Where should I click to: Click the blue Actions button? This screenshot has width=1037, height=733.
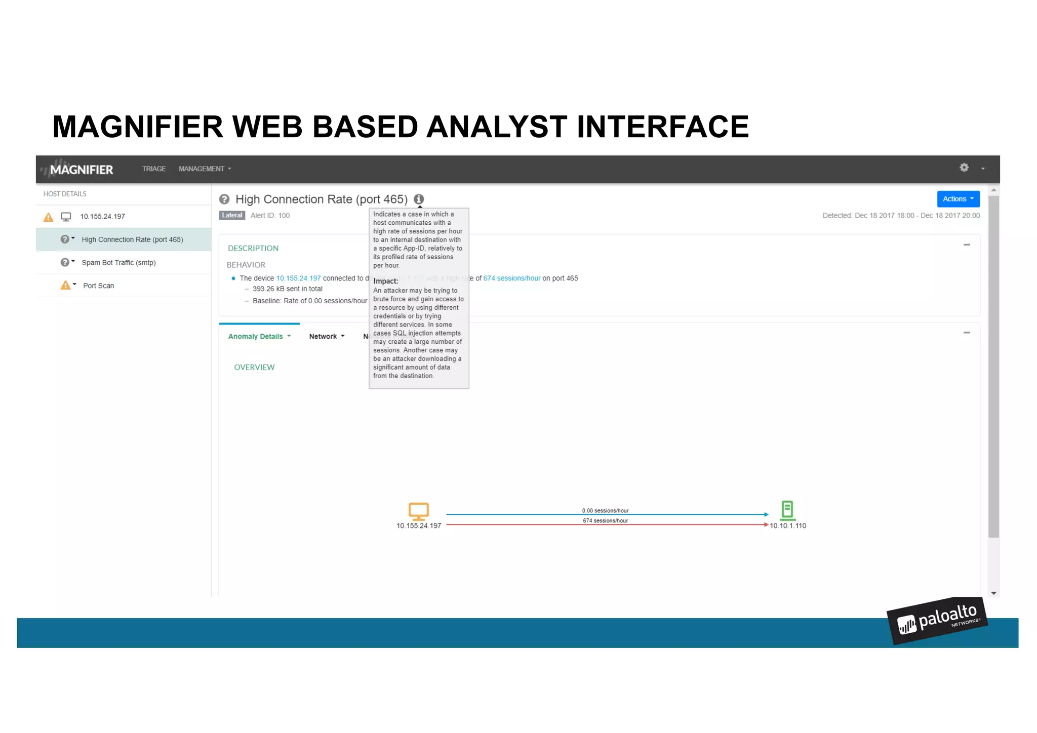click(958, 199)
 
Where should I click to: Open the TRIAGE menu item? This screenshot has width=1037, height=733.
click(154, 169)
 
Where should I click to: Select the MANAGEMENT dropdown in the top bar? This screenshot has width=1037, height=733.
click(205, 169)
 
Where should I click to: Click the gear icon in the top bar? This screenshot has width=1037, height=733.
click(964, 168)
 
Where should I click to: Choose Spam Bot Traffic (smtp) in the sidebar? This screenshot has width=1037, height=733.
click(118, 263)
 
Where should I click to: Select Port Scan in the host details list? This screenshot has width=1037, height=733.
click(98, 286)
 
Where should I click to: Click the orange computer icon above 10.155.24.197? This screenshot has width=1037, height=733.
click(419, 511)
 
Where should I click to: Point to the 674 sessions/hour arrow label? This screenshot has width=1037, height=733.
click(605, 521)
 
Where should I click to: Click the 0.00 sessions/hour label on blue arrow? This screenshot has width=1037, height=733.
click(605, 511)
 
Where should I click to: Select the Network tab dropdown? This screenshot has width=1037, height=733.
click(327, 337)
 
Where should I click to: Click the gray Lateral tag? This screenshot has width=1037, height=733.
click(232, 215)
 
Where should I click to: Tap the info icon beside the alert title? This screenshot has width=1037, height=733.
click(419, 199)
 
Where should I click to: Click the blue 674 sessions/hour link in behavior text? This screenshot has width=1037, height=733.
click(511, 278)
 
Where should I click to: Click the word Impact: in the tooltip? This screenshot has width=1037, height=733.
click(386, 281)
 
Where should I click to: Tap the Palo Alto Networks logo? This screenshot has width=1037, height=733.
click(937, 621)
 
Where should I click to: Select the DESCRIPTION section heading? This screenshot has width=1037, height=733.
click(253, 249)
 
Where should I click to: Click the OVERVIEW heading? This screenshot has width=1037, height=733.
click(254, 368)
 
